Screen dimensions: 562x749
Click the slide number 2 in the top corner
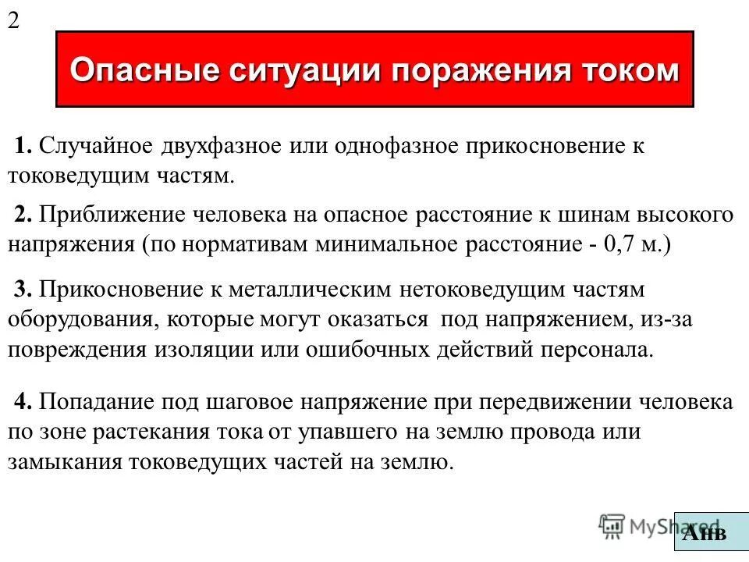[x=13, y=20]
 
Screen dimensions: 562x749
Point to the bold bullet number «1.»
[x=23, y=146]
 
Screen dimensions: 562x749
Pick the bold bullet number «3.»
[x=23, y=290]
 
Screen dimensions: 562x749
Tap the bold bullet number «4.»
[x=23, y=402]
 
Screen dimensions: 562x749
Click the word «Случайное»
[x=96, y=146]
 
